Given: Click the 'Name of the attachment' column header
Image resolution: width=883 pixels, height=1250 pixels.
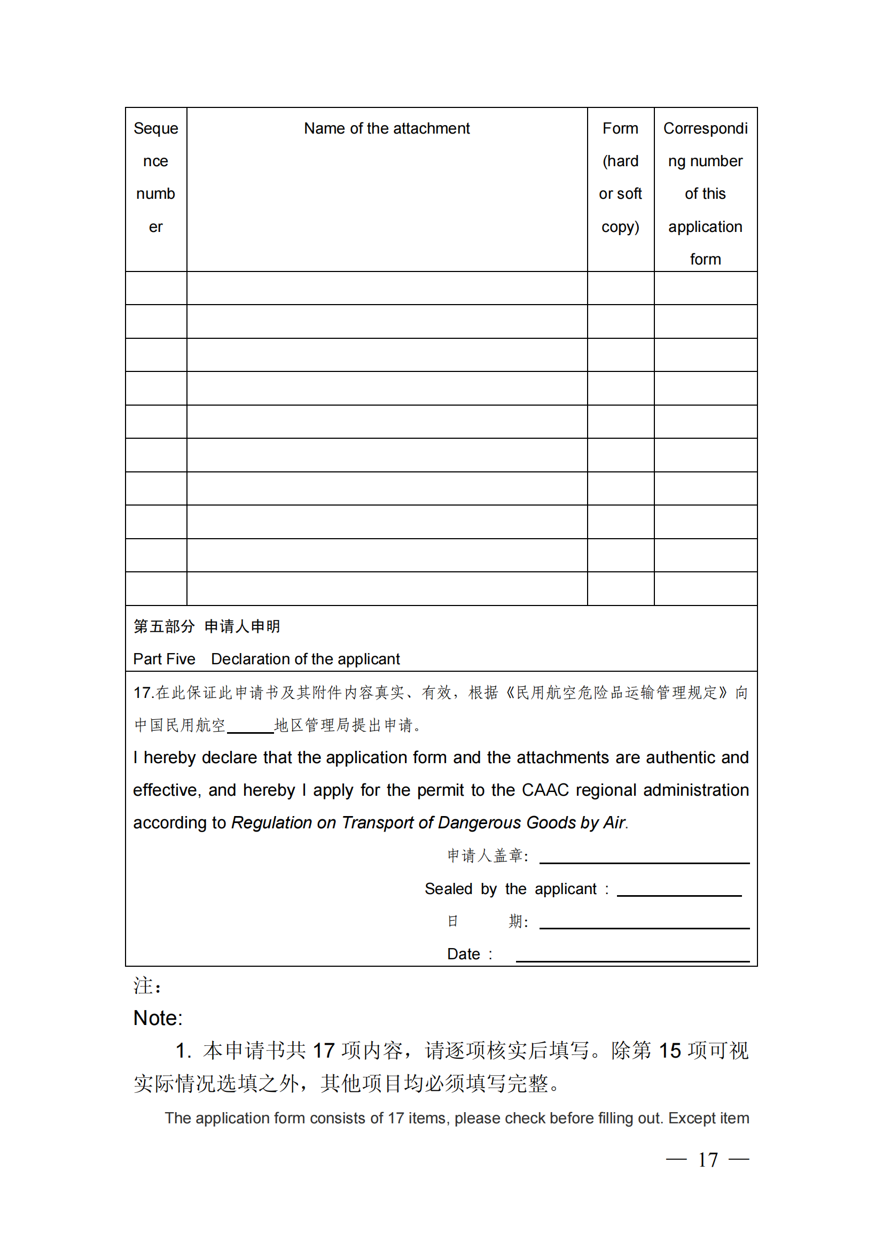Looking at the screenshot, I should pos(386,128).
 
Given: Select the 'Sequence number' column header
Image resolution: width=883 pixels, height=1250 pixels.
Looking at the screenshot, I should pos(155,177).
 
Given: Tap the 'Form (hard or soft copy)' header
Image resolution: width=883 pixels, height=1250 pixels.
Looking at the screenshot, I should pos(620,177).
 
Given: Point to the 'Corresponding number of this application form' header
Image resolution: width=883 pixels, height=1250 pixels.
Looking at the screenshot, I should pos(705,193).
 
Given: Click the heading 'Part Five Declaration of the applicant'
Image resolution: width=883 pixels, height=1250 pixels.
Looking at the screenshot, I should pos(266,659).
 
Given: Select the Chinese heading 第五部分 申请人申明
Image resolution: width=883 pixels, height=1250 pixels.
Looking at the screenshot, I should pos(207,626).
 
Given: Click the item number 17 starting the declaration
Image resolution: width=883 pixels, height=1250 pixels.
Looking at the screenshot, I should pos(142,693).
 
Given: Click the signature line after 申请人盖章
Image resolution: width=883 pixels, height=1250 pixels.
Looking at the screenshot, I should pos(644,859).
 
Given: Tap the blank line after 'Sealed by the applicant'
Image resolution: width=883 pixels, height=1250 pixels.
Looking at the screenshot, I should pos(679,891).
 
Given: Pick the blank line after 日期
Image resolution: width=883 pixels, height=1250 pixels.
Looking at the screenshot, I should pos(644,924).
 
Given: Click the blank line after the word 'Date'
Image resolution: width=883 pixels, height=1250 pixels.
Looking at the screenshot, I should pos(632,957).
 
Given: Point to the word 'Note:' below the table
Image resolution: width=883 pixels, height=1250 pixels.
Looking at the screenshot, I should pos(158,1018).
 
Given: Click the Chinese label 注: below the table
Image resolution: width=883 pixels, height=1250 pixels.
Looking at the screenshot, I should pos(147,986).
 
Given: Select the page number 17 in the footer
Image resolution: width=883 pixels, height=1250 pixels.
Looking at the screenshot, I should pos(707,1160).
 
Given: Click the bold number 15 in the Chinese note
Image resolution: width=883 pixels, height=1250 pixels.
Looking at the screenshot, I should pos(669,1051).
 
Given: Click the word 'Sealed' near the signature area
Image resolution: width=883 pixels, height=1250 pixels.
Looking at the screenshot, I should pos(448,889).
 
